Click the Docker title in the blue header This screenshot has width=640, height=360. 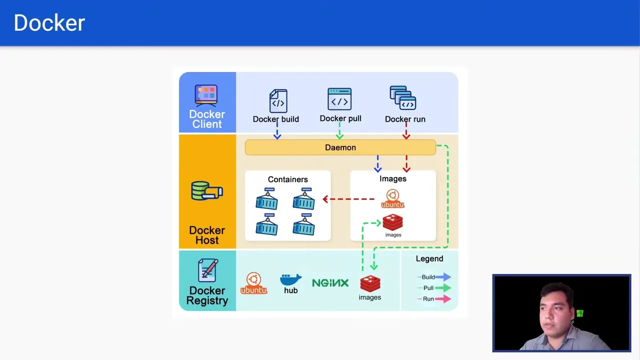(49, 23)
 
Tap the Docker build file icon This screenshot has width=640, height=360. (278, 101)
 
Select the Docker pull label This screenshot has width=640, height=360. (340, 118)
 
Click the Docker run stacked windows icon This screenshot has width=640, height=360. (403, 98)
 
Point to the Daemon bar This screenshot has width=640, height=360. (340, 147)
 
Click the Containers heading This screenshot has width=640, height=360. (287, 179)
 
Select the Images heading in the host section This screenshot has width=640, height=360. (392, 178)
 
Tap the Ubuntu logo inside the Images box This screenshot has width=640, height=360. (392, 199)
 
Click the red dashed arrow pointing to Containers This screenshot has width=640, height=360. (348, 199)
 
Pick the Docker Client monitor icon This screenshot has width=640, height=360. (206, 95)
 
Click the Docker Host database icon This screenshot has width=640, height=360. (206, 191)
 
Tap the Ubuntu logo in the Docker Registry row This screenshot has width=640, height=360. (253, 283)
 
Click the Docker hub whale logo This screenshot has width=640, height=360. (290, 279)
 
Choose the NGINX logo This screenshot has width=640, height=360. (330, 283)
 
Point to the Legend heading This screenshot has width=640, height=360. (429, 258)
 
